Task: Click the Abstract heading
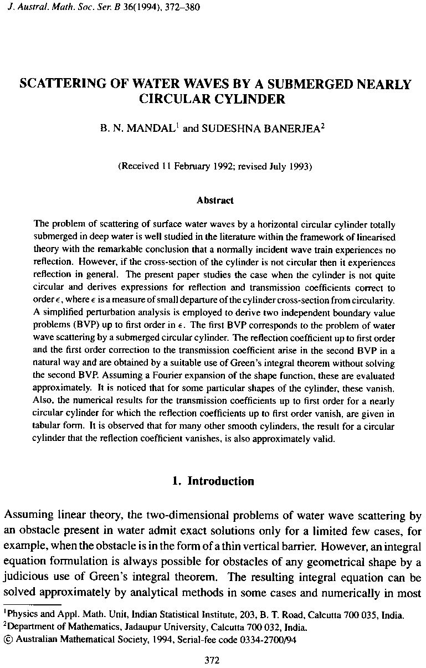tap(215, 201)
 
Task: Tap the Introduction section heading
tap(221, 481)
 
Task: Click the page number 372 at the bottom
tap(213, 660)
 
